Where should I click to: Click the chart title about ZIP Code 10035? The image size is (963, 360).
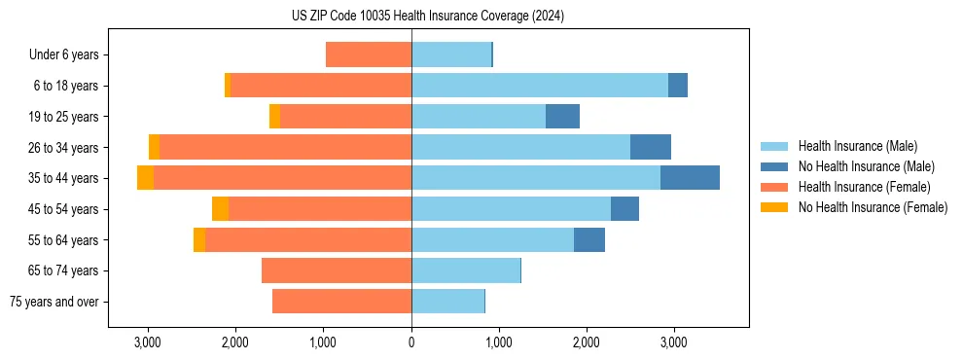click(428, 16)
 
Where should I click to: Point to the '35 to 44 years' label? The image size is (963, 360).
click(64, 178)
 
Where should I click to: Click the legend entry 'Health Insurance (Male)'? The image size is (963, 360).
click(857, 146)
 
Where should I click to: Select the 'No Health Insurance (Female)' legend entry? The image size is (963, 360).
click(873, 207)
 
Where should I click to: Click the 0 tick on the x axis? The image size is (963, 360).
click(411, 342)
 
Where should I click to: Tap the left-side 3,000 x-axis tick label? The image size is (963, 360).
click(148, 342)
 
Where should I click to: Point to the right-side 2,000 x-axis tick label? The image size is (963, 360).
click(587, 342)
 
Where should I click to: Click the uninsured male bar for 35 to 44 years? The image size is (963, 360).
click(690, 178)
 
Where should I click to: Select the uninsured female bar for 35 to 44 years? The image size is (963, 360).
click(145, 178)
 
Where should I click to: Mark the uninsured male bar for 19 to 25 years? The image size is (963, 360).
click(562, 117)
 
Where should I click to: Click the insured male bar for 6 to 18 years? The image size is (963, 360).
click(540, 86)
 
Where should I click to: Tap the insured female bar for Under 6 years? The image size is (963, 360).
click(369, 55)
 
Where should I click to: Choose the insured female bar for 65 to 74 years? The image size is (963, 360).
click(337, 270)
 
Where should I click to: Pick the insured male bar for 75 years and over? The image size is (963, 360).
click(447, 302)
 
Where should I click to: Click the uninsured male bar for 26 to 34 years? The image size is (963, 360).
click(650, 147)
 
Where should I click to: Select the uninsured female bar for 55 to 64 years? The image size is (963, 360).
click(199, 239)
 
